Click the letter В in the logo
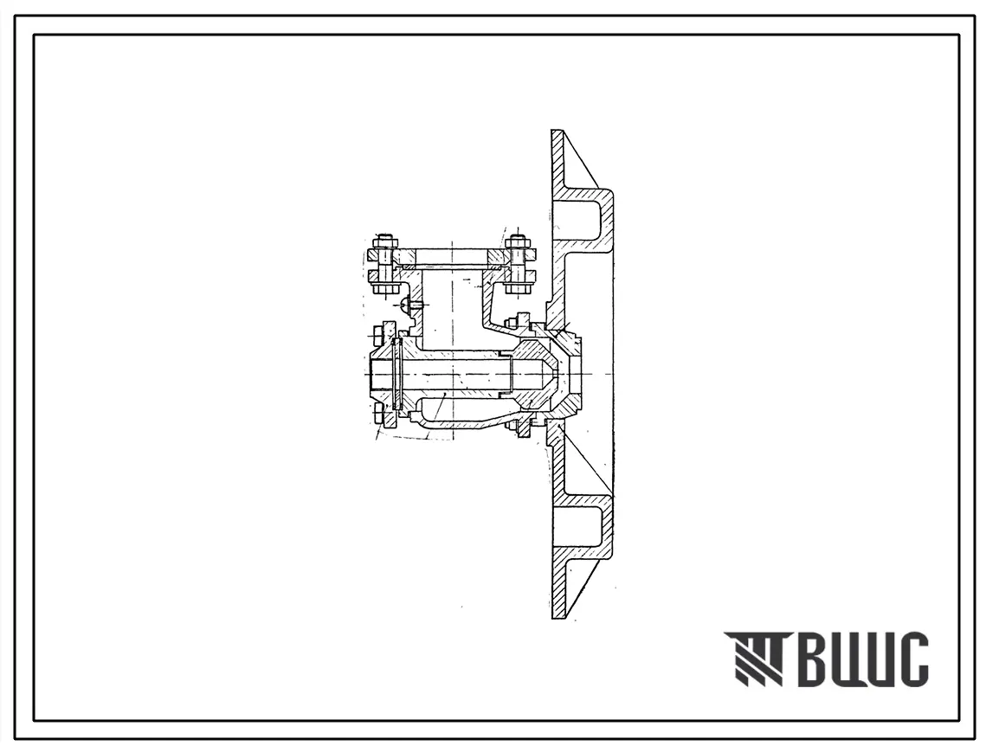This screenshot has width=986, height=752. click(x=808, y=659)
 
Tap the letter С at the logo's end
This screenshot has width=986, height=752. click(x=911, y=659)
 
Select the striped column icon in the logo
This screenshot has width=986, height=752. click(x=755, y=659)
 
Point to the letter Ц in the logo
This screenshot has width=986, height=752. click(x=860, y=661)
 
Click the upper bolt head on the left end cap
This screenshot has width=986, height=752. click(x=380, y=332)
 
